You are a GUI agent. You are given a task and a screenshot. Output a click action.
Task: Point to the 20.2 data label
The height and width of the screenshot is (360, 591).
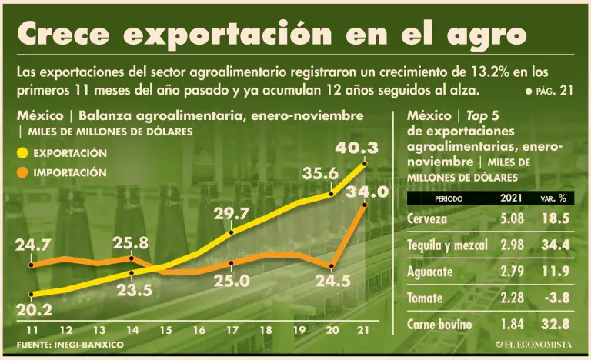pyautogui.click(x=34, y=311)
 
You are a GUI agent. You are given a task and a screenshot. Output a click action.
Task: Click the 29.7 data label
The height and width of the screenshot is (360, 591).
pyautogui.click(x=232, y=213)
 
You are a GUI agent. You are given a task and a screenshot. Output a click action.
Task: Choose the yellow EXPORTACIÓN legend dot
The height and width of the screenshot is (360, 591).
pyautogui.click(x=22, y=154)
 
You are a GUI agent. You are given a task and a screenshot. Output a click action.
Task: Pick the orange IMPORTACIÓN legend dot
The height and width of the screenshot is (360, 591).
pyautogui.click(x=22, y=173)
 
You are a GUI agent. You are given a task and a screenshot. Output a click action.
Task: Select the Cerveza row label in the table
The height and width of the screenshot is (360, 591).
pyautogui.click(x=427, y=218)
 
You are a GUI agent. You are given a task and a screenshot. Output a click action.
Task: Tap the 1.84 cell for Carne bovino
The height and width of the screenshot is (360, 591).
pyautogui.click(x=513, y=324)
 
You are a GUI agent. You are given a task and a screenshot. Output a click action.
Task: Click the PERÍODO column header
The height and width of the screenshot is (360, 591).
pyautogui.click(x=448, y=198)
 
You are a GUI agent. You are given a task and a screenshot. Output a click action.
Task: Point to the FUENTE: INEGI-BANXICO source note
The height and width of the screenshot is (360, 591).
pyautogui.click(x=70, y=345)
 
